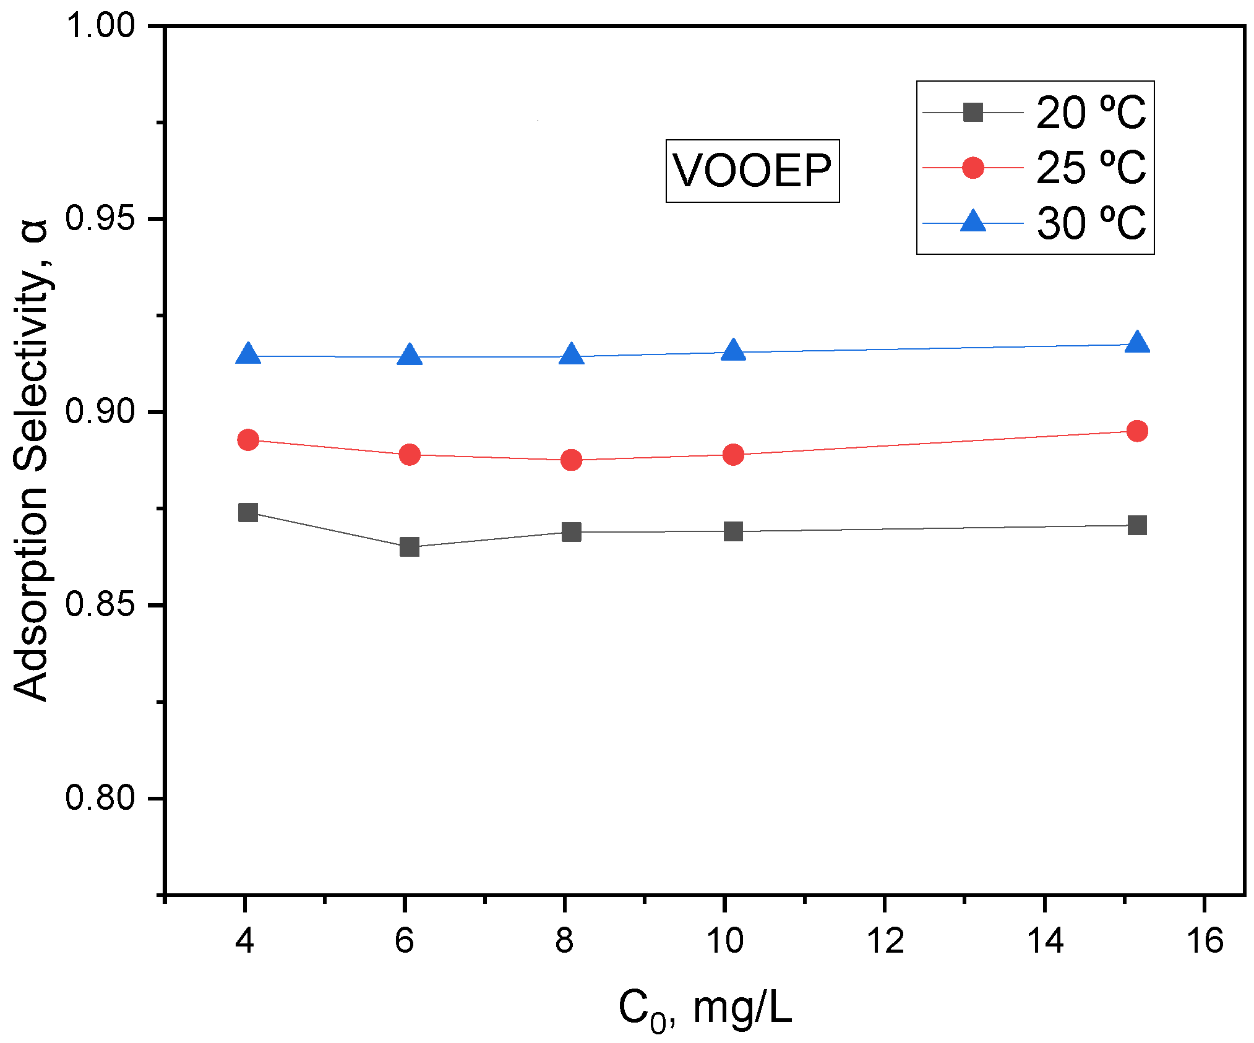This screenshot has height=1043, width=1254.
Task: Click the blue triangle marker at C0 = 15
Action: pyautogui.click(x=1136, y=343)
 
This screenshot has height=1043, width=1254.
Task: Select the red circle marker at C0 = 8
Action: pyautogui.click(x=571, y=460)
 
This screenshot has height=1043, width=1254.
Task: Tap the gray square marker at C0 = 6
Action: pyautogui.click(x=409, y=547)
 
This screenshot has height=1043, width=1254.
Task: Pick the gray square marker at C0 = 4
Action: pyautogui.click(x=247, y=512)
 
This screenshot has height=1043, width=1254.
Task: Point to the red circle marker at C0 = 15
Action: pyautogui.click(x=1136, y=431)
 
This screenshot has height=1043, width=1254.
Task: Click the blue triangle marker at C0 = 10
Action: pyautogui.click(x=733, y=351)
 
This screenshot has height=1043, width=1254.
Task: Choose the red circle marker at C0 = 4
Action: pyautogui.click(x=247, y=440)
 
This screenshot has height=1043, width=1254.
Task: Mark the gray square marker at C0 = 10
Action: pyautogui.click(x=733, y=531)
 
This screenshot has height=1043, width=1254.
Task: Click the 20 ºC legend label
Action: pyautogui.click(x=1090, y=113)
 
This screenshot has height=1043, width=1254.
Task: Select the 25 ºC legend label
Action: pyautogui.click(x=1090, y=168)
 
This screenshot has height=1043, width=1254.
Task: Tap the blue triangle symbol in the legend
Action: pyautogui.click(x=973, y=221)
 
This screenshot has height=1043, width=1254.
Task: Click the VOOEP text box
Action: pyautogui.click(x=752, y=171)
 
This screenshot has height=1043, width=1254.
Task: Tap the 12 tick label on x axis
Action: pyautogui.click(x=885, y=941)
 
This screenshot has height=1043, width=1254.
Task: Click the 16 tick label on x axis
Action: pyautogui.click(x=1205, y=941)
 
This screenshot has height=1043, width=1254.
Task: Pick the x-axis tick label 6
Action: pyautogui.click(x=405, y=941)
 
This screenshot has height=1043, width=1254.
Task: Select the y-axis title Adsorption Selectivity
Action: pyautogui.click(x=31, y=460)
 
